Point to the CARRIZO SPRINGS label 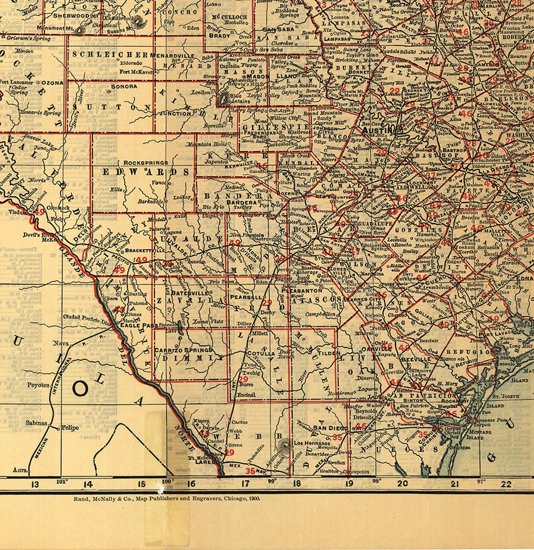coord(183,350)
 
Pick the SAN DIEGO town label coord(331,428)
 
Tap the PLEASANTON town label coord(302,290)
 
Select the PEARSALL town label coord(246,297)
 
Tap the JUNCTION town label coord(175,113)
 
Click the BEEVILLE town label coord(416,358)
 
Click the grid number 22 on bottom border coord(506,484)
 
